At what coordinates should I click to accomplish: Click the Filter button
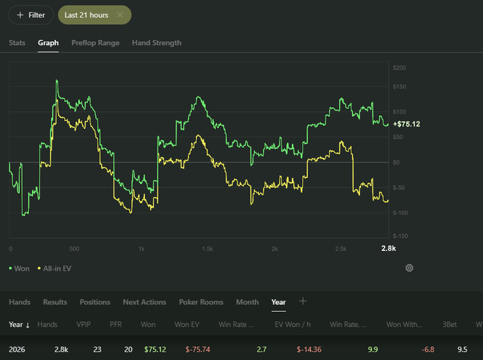(x=31, y=15)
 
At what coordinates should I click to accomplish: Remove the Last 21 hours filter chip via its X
(x=120, y=14)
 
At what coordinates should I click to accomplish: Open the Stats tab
(x=17, y=43)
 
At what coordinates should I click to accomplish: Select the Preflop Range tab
(x=95, y=43)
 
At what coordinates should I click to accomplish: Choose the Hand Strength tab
(x=157, y=43)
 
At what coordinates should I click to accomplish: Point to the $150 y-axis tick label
(x=400, y=86)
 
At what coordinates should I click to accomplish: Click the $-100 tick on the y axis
(x=400, y=213)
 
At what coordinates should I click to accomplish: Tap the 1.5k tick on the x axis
(x=207, y=248)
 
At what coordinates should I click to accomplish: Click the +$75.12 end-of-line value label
(x=406, y=124)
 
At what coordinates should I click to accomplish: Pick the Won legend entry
(x=19, y=268)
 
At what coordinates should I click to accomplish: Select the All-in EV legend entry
(x=55, y=268)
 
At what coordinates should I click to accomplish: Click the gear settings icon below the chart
(x=409, y=268)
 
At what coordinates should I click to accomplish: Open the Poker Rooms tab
(x=201, y=302)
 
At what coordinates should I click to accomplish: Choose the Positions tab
(x=95, y=302)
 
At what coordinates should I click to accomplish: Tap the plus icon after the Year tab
(x=303, y=301)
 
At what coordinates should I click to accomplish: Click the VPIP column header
(x=83, y=325)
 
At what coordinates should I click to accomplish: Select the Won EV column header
(x=187, y=325)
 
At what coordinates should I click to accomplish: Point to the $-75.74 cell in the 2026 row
(x=198, y=350)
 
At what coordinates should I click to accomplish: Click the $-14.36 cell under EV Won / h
(x=309, y=350)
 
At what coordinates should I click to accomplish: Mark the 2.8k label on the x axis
(x=388, y=248)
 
